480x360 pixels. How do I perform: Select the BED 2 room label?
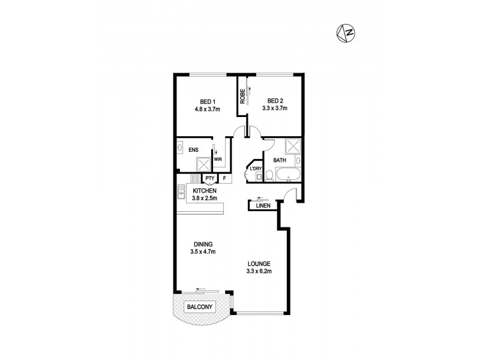point(275,101)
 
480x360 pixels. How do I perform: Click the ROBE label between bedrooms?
point(242,97)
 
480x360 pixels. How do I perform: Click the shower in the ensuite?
point(205,163)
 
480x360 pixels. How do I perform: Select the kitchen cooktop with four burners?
point(195,178)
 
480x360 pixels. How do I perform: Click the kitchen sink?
point(181,192)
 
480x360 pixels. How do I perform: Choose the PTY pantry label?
point(209,178)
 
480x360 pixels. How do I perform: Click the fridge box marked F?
point(224,178)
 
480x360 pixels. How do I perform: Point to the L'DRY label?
point(256,170)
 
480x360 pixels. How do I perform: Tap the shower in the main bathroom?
point(293,146)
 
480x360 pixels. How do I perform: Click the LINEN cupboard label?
point(263,206)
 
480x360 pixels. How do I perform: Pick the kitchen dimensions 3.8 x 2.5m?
point(205,198)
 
